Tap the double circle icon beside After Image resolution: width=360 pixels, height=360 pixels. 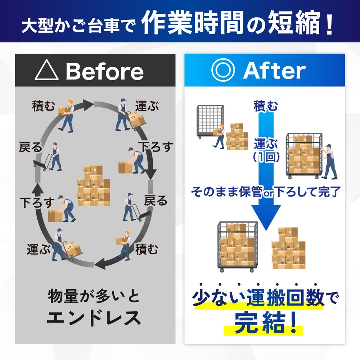coord(223,70)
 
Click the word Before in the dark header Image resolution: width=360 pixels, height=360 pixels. coord(105,71)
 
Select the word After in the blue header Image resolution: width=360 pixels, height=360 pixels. coord(274,71)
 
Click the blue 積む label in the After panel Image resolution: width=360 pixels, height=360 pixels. coord(266,106)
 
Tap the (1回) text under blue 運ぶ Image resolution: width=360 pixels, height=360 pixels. coord(266,157)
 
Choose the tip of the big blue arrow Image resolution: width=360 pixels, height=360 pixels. coord(266,230)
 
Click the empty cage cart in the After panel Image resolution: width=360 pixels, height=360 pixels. coord(210,122)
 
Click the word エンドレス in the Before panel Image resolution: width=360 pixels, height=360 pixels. coord(94,318)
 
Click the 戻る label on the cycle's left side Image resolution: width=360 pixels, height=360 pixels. coord(31,147)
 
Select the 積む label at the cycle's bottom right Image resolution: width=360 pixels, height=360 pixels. coord(147,249)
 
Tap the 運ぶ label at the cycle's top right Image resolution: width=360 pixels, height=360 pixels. coord(147,106)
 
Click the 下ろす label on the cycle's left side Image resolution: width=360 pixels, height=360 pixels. coord(37,202)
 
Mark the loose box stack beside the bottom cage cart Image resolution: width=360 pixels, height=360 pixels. coord(288,248)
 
